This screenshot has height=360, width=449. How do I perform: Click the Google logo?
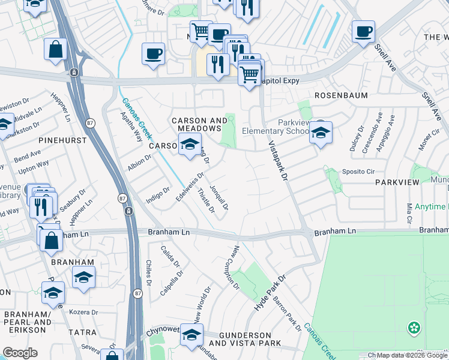coord(20,353)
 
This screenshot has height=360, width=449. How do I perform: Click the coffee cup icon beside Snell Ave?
coord(363,32)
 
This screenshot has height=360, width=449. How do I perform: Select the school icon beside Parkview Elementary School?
coord(321,133)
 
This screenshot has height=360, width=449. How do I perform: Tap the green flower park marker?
coord(414,328)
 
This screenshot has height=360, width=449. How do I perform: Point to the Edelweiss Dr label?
coord(190,187)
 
